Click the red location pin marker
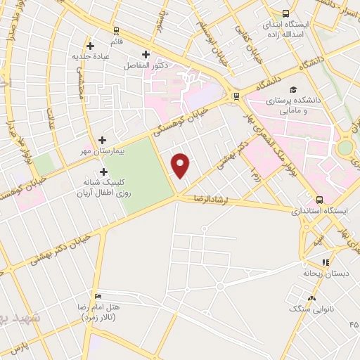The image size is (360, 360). pyautogui.click(x=181, y=166)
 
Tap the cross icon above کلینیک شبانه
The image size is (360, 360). pyautogui.click(x=104, y=172)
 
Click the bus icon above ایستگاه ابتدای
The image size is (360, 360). pyautogui.click(x=285, y=13)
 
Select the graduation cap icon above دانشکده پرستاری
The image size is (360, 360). pyautogui.click(x=293, y=90)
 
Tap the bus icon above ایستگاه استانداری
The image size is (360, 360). pyautogui.click(x=320, y=200)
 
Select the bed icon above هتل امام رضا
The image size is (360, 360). pyautogui.click(x=98, y=295)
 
